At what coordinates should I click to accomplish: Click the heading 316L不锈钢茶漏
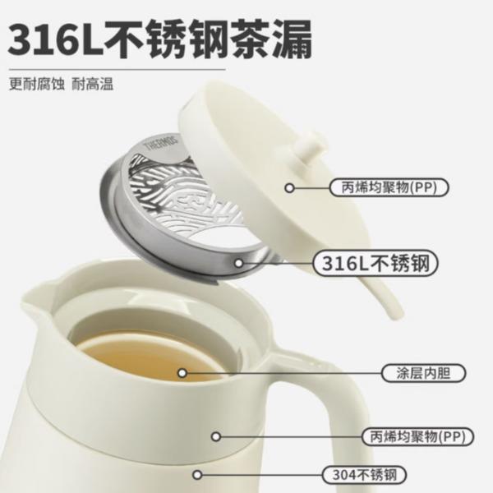pos(159,39)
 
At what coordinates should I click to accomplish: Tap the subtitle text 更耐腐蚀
pos(36,85)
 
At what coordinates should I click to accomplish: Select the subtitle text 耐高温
pos(92,85)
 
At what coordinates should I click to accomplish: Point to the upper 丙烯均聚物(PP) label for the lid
pos(389,187)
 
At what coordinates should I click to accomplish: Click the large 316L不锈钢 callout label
pos(376,263)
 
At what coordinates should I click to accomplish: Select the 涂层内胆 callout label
pos(423,373)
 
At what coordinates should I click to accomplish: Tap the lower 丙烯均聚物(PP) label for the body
pos(417,436)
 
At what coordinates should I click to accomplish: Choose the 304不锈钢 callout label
pos(365,475)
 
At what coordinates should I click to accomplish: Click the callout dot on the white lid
pos(289,188)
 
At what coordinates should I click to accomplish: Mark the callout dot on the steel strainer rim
pos(239,263)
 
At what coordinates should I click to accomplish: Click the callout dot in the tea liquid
pos(182,373)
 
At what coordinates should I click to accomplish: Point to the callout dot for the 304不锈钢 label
pos(197,475)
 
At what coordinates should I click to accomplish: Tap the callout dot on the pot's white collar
pos(216,436)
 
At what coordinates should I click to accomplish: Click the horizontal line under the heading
pos(117,69)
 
